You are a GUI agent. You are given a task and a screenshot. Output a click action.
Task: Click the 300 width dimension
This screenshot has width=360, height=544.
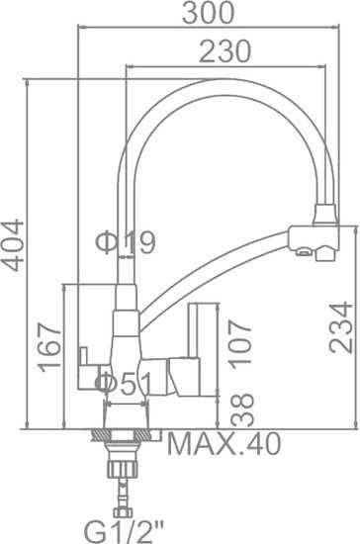coord(209,14)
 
